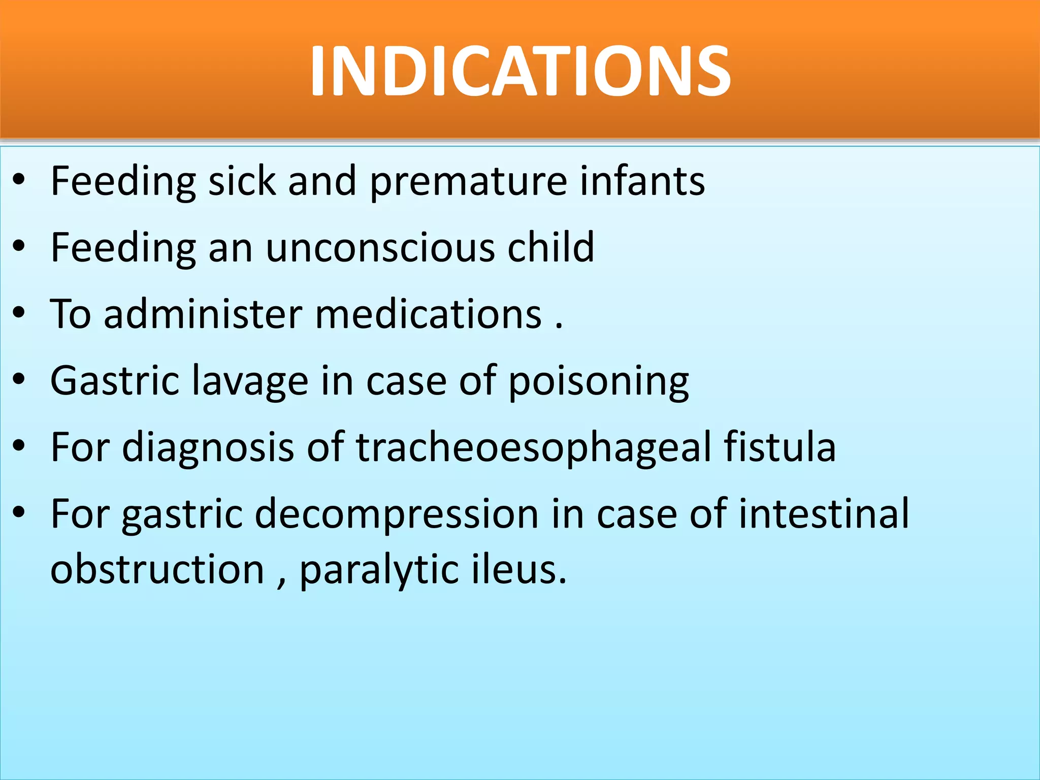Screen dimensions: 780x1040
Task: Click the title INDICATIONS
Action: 520,71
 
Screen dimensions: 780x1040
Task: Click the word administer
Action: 203,314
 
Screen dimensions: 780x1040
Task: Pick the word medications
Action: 429,314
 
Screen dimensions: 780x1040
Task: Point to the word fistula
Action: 779,447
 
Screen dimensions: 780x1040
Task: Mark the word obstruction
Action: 157,569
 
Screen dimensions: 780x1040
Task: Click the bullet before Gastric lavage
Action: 19,379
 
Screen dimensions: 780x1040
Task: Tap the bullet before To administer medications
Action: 19,313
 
